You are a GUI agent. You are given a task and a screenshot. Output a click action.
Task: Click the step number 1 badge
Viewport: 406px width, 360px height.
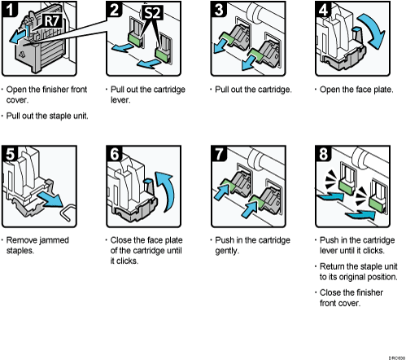tap(12, 11)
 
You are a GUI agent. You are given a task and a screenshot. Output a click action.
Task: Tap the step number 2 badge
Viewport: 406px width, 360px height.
tap(115, 11)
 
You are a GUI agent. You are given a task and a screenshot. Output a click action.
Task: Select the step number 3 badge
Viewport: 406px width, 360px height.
tap(217, 11)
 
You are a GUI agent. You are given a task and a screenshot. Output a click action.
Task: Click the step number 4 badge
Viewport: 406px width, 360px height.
tap(321, 11)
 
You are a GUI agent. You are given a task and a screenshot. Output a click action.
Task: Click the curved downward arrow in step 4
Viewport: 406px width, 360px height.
tap(376, 37)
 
